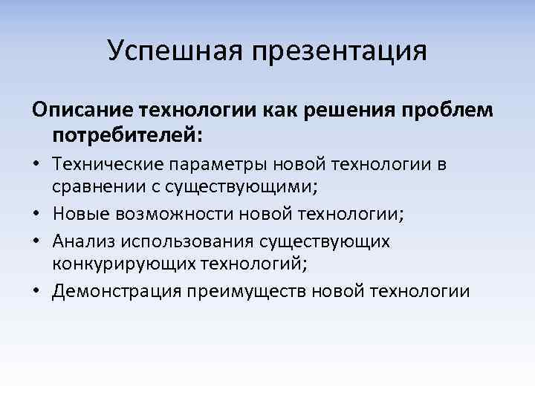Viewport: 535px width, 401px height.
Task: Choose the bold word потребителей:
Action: tap(127, 136)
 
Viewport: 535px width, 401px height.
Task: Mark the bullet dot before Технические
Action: tap(38, 165)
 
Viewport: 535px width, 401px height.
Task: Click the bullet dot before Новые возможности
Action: tap(38, 215)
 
